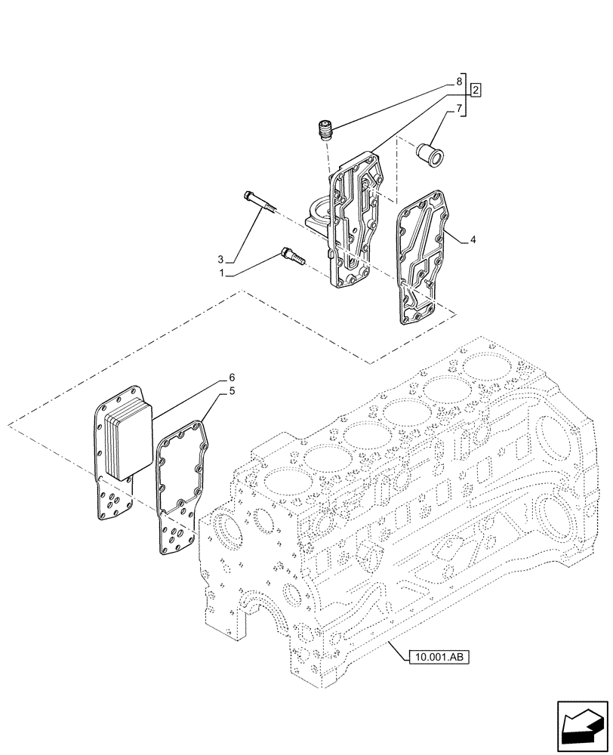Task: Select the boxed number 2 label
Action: tap(476, 91)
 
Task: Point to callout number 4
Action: tap(472, 240)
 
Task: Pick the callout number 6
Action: tap(233, 376)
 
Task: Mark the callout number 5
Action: tap(233, 391)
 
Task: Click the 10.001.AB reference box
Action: tap(438, 658)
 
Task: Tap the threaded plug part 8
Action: tap(327, 132)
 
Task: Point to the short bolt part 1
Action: tap(291, 256)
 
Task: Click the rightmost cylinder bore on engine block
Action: tap(488, 367)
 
